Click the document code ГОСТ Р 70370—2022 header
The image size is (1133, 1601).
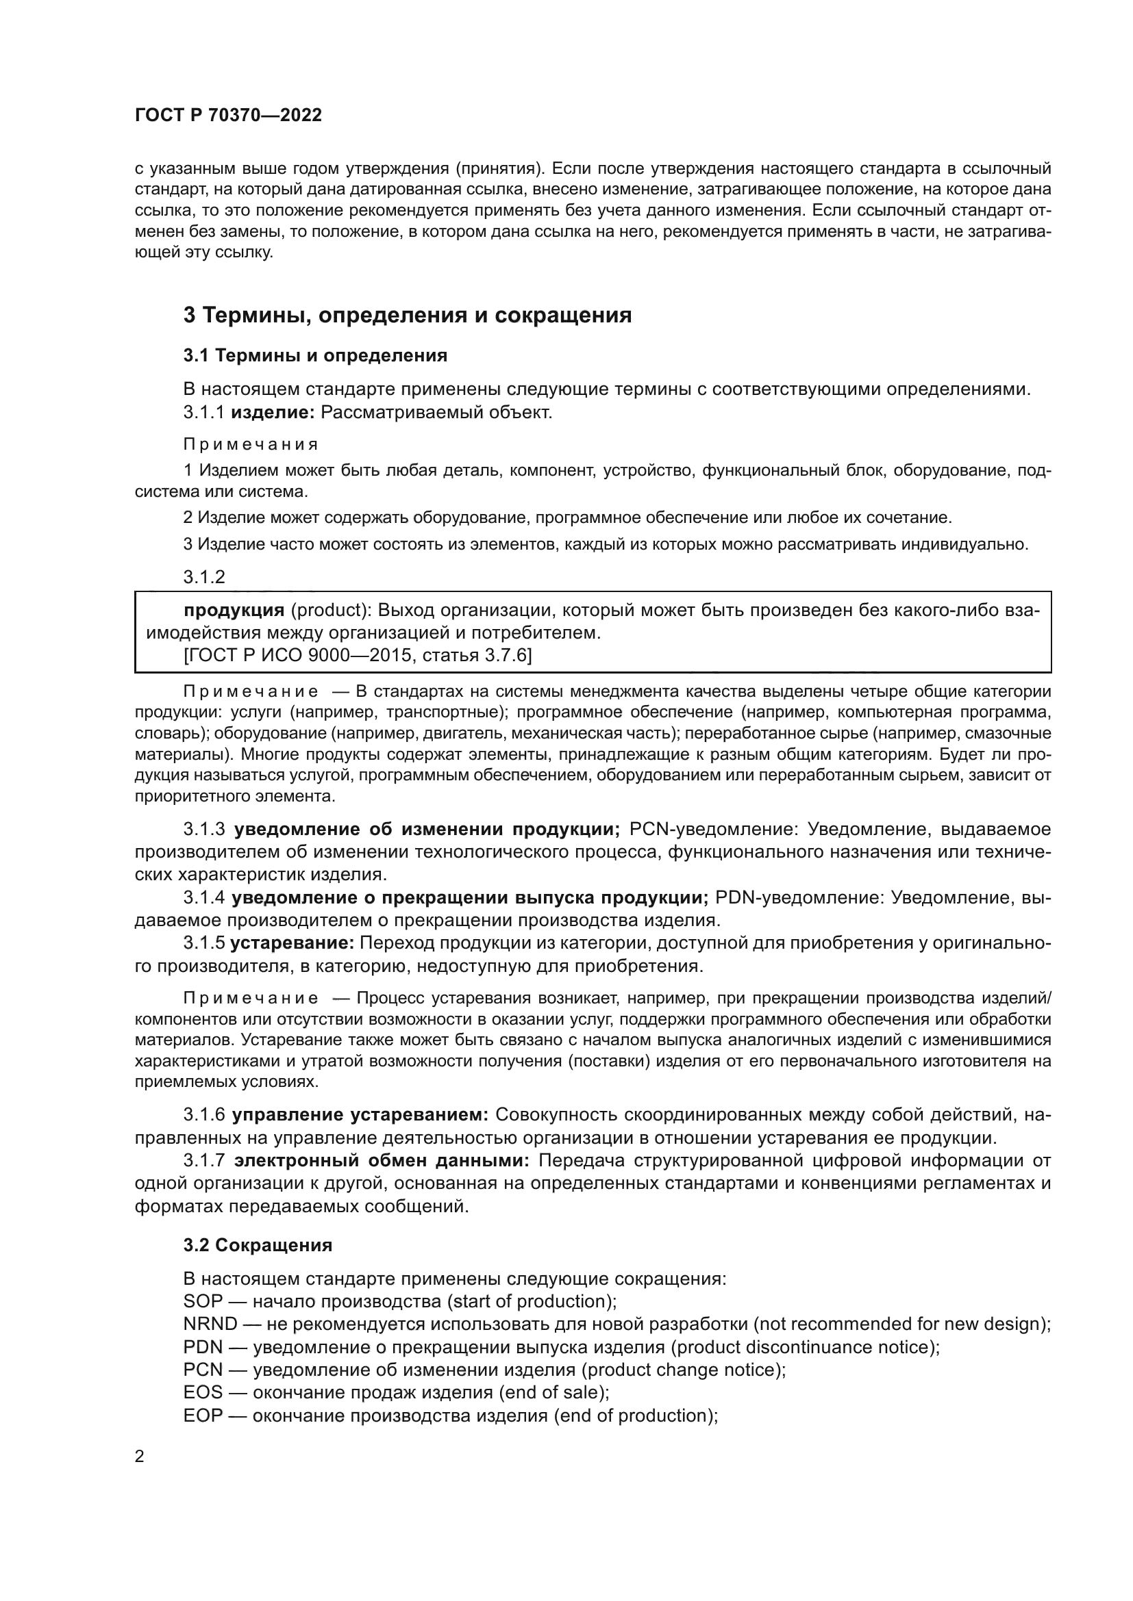(228, 116)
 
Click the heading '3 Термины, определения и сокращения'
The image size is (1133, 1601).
(408, 315)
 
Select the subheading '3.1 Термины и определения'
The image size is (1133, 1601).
(315, 356)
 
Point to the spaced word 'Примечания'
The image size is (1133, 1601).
(251, 444)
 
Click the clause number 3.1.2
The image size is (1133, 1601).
(203, 576)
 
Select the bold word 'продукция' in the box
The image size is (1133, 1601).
(234, 611)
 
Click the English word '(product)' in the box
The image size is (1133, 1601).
(330, 611)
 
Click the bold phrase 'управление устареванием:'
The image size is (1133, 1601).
(360, 1115)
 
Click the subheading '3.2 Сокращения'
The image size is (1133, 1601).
(258, 1245)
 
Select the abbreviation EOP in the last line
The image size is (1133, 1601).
(203, 1416)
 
